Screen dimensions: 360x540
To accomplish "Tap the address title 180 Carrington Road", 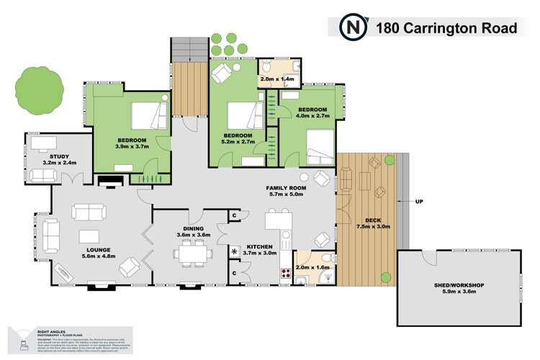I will coord(446,28).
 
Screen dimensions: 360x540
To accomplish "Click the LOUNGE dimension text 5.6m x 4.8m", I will coord(98,256).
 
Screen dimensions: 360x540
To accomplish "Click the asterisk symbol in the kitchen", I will coord(235,251).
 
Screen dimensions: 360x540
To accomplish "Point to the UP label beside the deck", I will coord(418,202).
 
